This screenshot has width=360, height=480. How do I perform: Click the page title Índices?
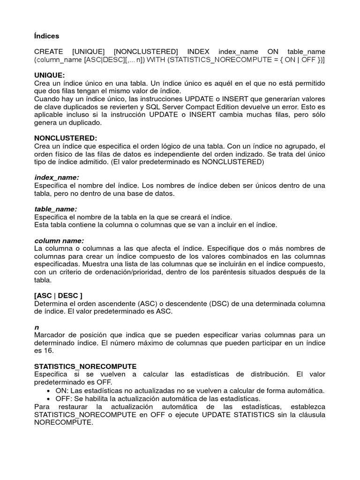coord(46,36)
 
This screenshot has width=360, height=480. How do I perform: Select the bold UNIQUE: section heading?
coord(50,75)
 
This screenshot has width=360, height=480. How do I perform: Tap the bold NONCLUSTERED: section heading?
coord(66,138)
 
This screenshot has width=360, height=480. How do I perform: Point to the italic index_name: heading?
coord(57,178)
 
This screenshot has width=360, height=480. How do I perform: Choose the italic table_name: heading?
coord(56,209)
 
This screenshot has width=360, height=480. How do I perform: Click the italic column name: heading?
coord(59,240)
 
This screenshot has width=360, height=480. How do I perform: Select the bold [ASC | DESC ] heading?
coord(58,295)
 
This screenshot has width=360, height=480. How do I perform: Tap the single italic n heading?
coord(37,327)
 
